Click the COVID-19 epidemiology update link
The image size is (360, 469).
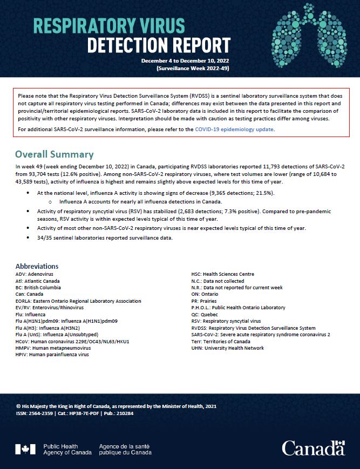point(235,130)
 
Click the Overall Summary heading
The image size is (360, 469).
point(54,154)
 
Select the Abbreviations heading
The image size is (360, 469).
point(37,266)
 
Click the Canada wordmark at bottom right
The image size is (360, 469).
point(313,447)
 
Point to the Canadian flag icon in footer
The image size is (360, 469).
point(22,449)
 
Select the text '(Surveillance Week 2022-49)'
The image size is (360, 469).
point(193,69)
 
